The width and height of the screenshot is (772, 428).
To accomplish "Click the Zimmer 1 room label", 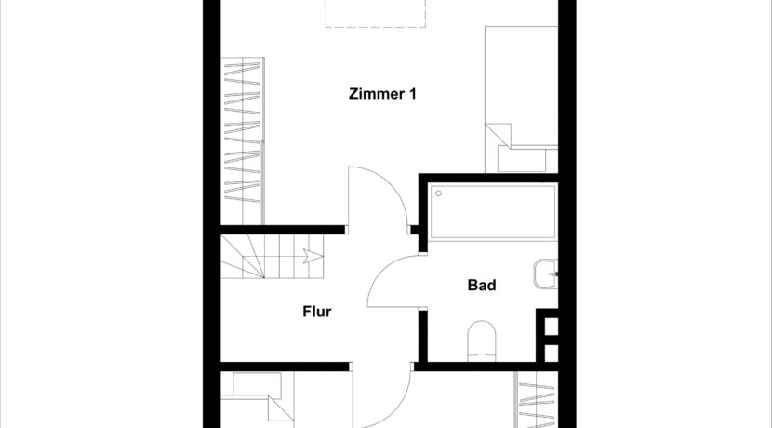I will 381,93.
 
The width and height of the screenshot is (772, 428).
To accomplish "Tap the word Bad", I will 481,286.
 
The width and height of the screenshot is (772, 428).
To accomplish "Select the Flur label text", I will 316,312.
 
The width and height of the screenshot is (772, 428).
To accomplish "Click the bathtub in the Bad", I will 493,211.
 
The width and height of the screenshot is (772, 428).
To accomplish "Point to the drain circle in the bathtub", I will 439,194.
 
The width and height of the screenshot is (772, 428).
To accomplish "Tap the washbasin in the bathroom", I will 546,275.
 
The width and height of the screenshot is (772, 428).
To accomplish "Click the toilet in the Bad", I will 484,340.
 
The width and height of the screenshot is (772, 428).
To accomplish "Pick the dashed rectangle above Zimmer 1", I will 356,13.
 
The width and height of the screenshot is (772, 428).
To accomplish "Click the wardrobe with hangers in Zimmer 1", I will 243,140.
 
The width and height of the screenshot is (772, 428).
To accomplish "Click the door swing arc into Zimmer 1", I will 377,195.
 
